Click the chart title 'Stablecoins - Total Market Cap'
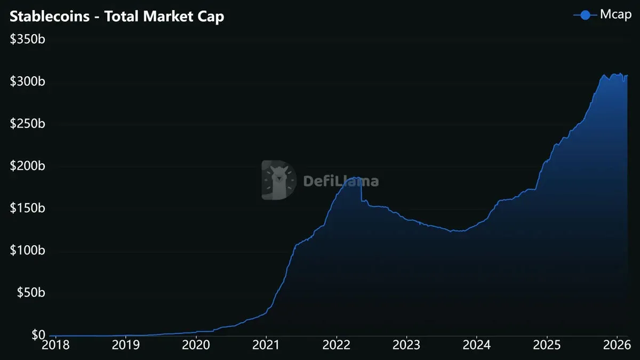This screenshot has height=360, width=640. coord(117,17)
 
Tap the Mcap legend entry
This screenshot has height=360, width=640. coord(602,15)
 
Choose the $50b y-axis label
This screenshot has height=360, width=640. coord(31,292)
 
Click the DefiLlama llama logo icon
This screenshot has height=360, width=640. coord(278,180)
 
